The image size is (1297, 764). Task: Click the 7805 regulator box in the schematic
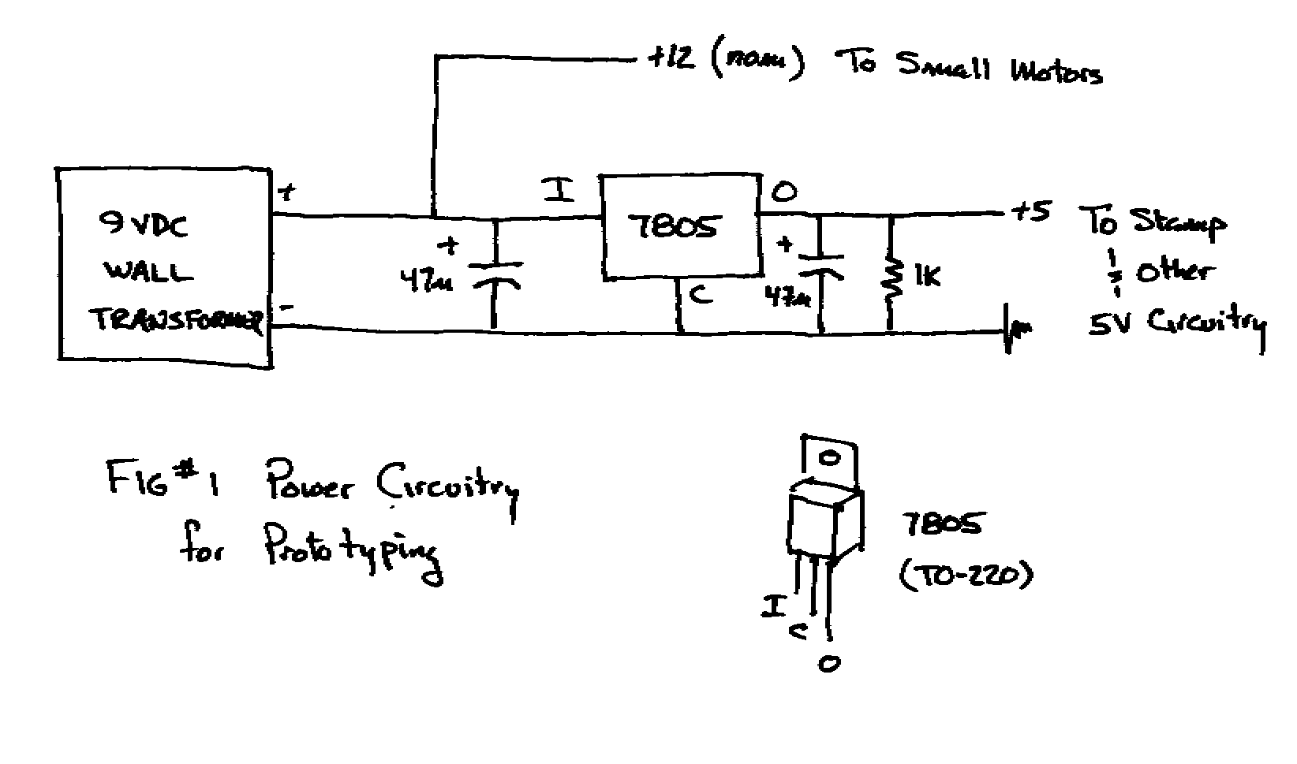click(x=680, y=226)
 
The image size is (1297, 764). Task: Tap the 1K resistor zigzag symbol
click(x=892, y=277)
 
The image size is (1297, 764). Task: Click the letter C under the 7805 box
click(x=700, y=295)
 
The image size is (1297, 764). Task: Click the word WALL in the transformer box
click(x=148, y=273)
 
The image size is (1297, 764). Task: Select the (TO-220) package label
click(x=965, y=576)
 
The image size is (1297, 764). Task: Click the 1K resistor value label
click(x=927, y=276)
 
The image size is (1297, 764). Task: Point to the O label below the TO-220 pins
click(x=828, y=664)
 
